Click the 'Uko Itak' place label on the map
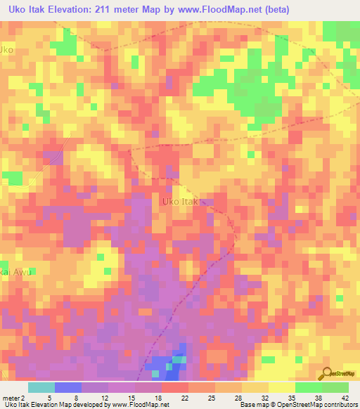tap(179, 202)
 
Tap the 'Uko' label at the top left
tap(7, 50)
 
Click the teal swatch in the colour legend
tap(41, 387)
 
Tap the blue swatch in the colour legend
tap(68, 387)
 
